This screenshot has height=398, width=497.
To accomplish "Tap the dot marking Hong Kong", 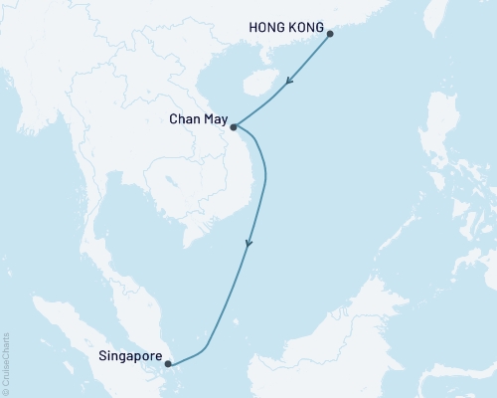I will (330, 34).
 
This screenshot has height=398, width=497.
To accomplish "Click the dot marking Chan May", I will (233, 127).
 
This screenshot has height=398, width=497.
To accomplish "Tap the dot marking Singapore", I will (168, 364).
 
